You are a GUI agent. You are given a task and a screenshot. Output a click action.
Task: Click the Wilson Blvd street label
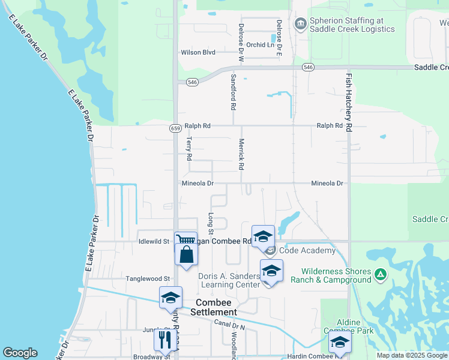pyautogui.click(x=197, y=52)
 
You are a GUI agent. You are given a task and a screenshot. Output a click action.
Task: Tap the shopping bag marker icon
pyautogui.click(x=186, y=254)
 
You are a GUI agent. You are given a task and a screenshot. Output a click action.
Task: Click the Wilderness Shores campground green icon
pyautogui.click(x=379, y=275)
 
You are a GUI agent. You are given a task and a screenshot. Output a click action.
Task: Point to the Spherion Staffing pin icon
pyautogui.click(x=301, y=24)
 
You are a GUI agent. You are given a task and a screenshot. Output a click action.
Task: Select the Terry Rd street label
pyautogui.click(x=189, y=148)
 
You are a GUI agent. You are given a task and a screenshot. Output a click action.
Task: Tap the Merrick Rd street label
pyautogui.click(x=241, y=154)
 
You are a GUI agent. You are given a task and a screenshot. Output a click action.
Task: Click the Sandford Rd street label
pyautogui.click(x=234, y=92)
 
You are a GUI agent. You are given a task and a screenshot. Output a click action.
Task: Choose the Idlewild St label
pyautogui.click(x=153, y=242)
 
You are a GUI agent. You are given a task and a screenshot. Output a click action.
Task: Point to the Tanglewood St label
pyautogui.click(x=148, y=278)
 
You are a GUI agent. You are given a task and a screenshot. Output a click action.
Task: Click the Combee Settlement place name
pyautogui.click(x=214, y=307)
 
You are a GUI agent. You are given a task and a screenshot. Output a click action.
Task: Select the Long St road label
pyautogui.click(x=211, y=223)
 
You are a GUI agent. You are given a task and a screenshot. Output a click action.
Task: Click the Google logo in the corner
pyautogui.click(x=20, y=353)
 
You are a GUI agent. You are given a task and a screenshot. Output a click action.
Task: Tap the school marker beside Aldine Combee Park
pyautogui.click(x=340, y=342)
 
